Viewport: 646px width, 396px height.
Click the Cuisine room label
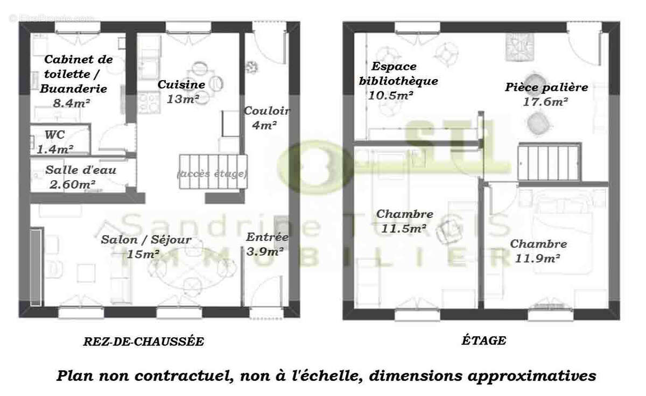[181, 85]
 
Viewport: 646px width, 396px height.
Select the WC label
[55, 135]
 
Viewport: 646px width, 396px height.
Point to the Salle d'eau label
[81, 171]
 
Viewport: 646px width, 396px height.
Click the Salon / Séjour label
[146, 240]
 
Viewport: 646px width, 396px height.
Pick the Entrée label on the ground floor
[267, 237]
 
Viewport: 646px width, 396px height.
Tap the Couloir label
[267, 111]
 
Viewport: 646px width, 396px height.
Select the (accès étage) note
[212, 174]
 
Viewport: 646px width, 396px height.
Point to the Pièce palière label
[546, 87]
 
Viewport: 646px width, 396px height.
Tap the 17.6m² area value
[546, 101]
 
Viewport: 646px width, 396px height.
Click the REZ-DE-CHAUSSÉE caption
[144, 341]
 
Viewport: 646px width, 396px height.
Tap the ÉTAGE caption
[483, 340]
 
